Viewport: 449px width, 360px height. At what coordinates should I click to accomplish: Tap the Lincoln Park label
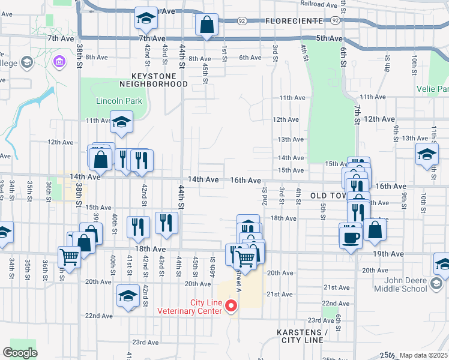point(119,101)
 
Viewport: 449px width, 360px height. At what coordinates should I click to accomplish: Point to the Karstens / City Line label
point(302,336)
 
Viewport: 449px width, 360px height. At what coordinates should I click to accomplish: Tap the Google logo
point(19,353)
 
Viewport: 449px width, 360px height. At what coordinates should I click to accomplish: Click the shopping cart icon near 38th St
point(70,257)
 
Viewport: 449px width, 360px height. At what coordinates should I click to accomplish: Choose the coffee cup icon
point(351,236)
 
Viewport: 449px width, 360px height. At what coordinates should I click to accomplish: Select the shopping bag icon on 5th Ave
point(206,25)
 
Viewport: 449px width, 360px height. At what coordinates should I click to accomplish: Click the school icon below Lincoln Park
point(121,122)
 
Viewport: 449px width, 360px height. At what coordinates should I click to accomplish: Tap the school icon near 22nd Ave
point(128,296)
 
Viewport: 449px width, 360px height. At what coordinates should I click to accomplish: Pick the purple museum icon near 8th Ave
point(59,61)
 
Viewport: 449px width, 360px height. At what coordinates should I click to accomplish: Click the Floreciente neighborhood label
point(300,21)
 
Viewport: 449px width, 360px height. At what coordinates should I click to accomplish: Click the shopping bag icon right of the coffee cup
point(375,230)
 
